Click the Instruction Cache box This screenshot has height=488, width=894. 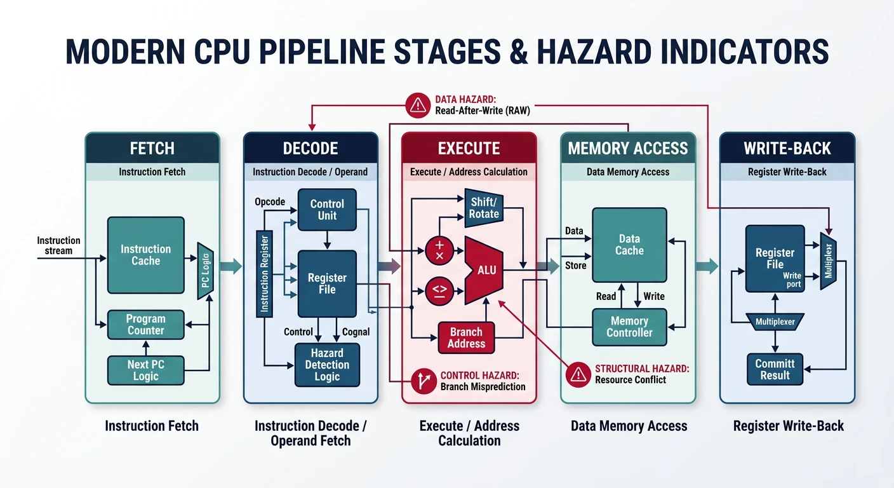(145, 255)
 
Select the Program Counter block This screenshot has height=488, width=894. (145, 325)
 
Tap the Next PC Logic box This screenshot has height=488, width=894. (145, 370)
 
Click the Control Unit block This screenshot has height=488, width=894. (327, 210)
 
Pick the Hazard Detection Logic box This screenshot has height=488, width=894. (327, 365)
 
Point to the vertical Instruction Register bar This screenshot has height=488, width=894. (264, 274)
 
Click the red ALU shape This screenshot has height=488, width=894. (485, 270)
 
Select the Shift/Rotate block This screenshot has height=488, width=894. (484, 208)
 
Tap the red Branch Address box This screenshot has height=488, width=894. (466, 337)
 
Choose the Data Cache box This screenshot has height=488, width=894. (629, 245)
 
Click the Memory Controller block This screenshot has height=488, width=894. (629, 327)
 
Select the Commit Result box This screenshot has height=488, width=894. (775, 369)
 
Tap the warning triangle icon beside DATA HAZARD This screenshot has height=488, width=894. (418, 105)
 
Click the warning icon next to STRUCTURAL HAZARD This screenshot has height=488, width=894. (578, 374)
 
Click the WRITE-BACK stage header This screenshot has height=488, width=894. (787, 149)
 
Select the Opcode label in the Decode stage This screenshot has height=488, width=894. (270, 201)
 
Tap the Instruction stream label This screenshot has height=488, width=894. (58, 245)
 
